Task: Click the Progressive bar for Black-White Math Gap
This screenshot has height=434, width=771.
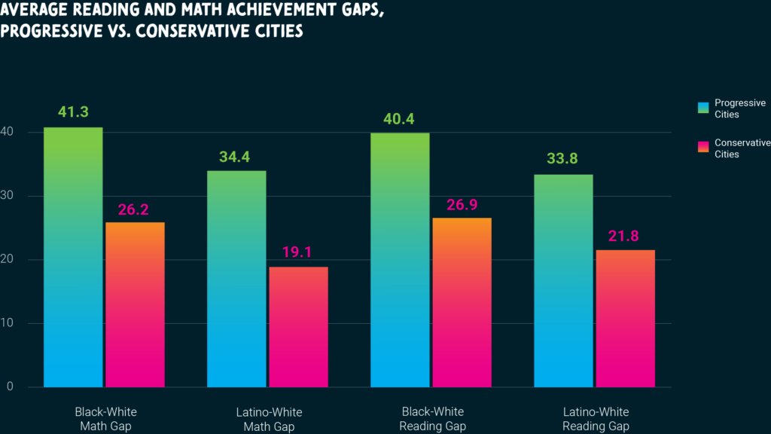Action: [x=73, y=257]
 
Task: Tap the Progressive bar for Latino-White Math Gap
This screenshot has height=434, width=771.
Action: [x=236, y=279]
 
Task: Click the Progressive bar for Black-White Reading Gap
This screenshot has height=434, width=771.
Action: [x=400, y=260]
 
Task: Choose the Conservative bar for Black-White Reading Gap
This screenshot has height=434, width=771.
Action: [x=462, y=302]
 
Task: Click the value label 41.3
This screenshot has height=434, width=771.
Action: [x=73, y=112]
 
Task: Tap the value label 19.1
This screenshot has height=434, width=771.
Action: [x=298, y=252]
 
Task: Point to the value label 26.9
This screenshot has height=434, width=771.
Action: [x=462, y=204]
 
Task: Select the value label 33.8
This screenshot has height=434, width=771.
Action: [x=563, y=159]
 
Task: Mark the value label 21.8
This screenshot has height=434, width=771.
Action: [x=625, y=236]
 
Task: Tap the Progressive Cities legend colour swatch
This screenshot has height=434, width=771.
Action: [x=702, y=108]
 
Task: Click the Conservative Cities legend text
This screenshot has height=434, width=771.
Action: [x=742, y=148]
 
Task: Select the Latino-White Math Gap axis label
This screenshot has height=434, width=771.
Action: [x=269, y=420]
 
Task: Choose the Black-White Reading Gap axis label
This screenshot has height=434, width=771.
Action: [x=432, y=420]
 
